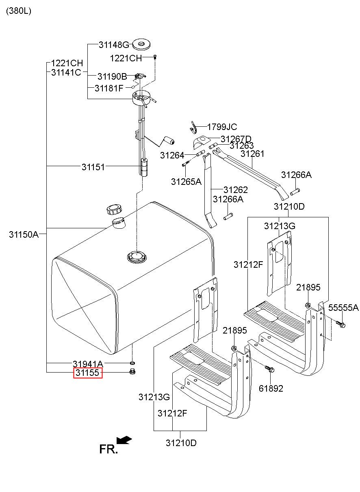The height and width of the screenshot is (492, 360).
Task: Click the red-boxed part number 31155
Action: (88, 373)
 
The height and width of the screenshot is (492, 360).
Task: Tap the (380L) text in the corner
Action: (19, 11)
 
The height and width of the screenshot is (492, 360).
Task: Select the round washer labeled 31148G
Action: (141, 45)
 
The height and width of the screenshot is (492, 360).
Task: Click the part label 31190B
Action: (112, 77)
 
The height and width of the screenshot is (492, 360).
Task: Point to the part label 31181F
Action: (109, 88)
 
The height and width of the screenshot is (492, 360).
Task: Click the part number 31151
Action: (93, 167)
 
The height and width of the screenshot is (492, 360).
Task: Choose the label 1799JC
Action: (222, 127)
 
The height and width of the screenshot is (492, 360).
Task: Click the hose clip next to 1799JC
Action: (193, 128)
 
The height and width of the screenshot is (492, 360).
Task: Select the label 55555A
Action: (343, 308)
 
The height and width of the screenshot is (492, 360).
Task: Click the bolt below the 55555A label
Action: (340, 324)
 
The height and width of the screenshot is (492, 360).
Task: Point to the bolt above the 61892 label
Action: (270, 369)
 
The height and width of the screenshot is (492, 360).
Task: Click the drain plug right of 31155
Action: (132, 372)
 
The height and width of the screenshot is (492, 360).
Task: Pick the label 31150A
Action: (24, 234)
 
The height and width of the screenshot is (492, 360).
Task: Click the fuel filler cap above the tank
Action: (114, 210)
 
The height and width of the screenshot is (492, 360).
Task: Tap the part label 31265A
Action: (186, 182)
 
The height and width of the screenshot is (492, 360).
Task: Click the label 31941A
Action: (88, 364)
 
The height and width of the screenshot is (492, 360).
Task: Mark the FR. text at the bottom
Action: (108, 450)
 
